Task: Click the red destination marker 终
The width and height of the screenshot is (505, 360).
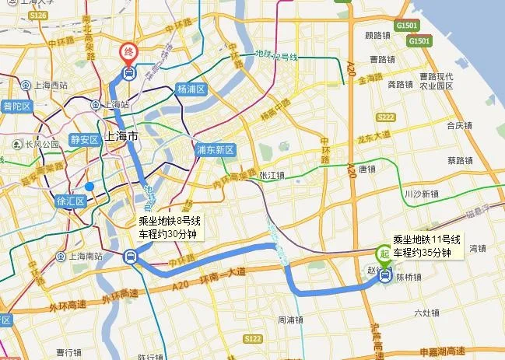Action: click(x=128, y=53)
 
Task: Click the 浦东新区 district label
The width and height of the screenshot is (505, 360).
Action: click(x=216, y=149)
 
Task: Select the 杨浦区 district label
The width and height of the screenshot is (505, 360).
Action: click(x=191, y=89)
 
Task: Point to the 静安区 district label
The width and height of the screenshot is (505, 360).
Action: click(x=83, y=140)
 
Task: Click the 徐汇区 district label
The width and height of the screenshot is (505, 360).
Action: click(x=71, y=200)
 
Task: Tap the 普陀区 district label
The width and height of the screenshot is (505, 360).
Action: click(x=16, y=106)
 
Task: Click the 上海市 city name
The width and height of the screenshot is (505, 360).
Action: click(x=121, y=136)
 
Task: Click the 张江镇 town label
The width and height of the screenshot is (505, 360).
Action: click(x=272, y=175)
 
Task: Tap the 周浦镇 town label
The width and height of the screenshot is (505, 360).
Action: click(x=290, y=320)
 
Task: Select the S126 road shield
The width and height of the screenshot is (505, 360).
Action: click(x=36, y=15)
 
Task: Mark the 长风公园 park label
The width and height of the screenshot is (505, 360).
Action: click(x=37, y=144)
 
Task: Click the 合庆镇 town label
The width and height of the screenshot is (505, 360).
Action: click(x=460, y=124)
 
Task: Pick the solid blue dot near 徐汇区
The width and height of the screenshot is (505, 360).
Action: click(x=89, y=187)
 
